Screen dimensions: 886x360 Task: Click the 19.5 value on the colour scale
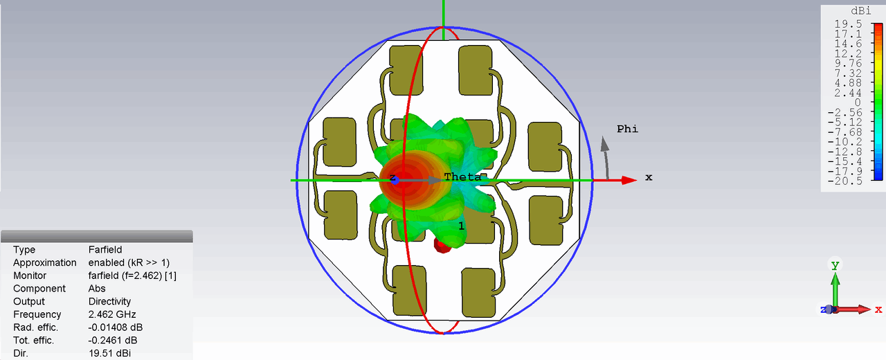848,24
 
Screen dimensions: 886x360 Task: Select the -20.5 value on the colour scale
845,181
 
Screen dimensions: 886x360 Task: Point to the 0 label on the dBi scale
858,102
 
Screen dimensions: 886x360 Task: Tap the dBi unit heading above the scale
860,10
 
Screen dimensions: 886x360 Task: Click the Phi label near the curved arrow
627,129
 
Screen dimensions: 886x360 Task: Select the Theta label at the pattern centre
463,177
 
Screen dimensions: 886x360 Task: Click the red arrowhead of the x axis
629,181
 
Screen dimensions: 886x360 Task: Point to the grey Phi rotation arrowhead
605,144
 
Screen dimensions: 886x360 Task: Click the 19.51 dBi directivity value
109,353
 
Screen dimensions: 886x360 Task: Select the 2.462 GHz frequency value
112,314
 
